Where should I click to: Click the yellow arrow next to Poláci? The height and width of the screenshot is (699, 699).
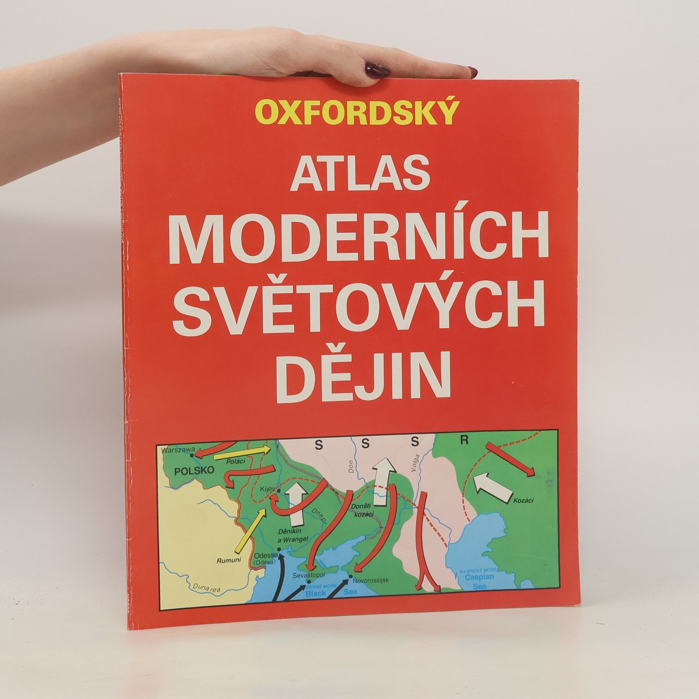[x=242, y=453]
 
